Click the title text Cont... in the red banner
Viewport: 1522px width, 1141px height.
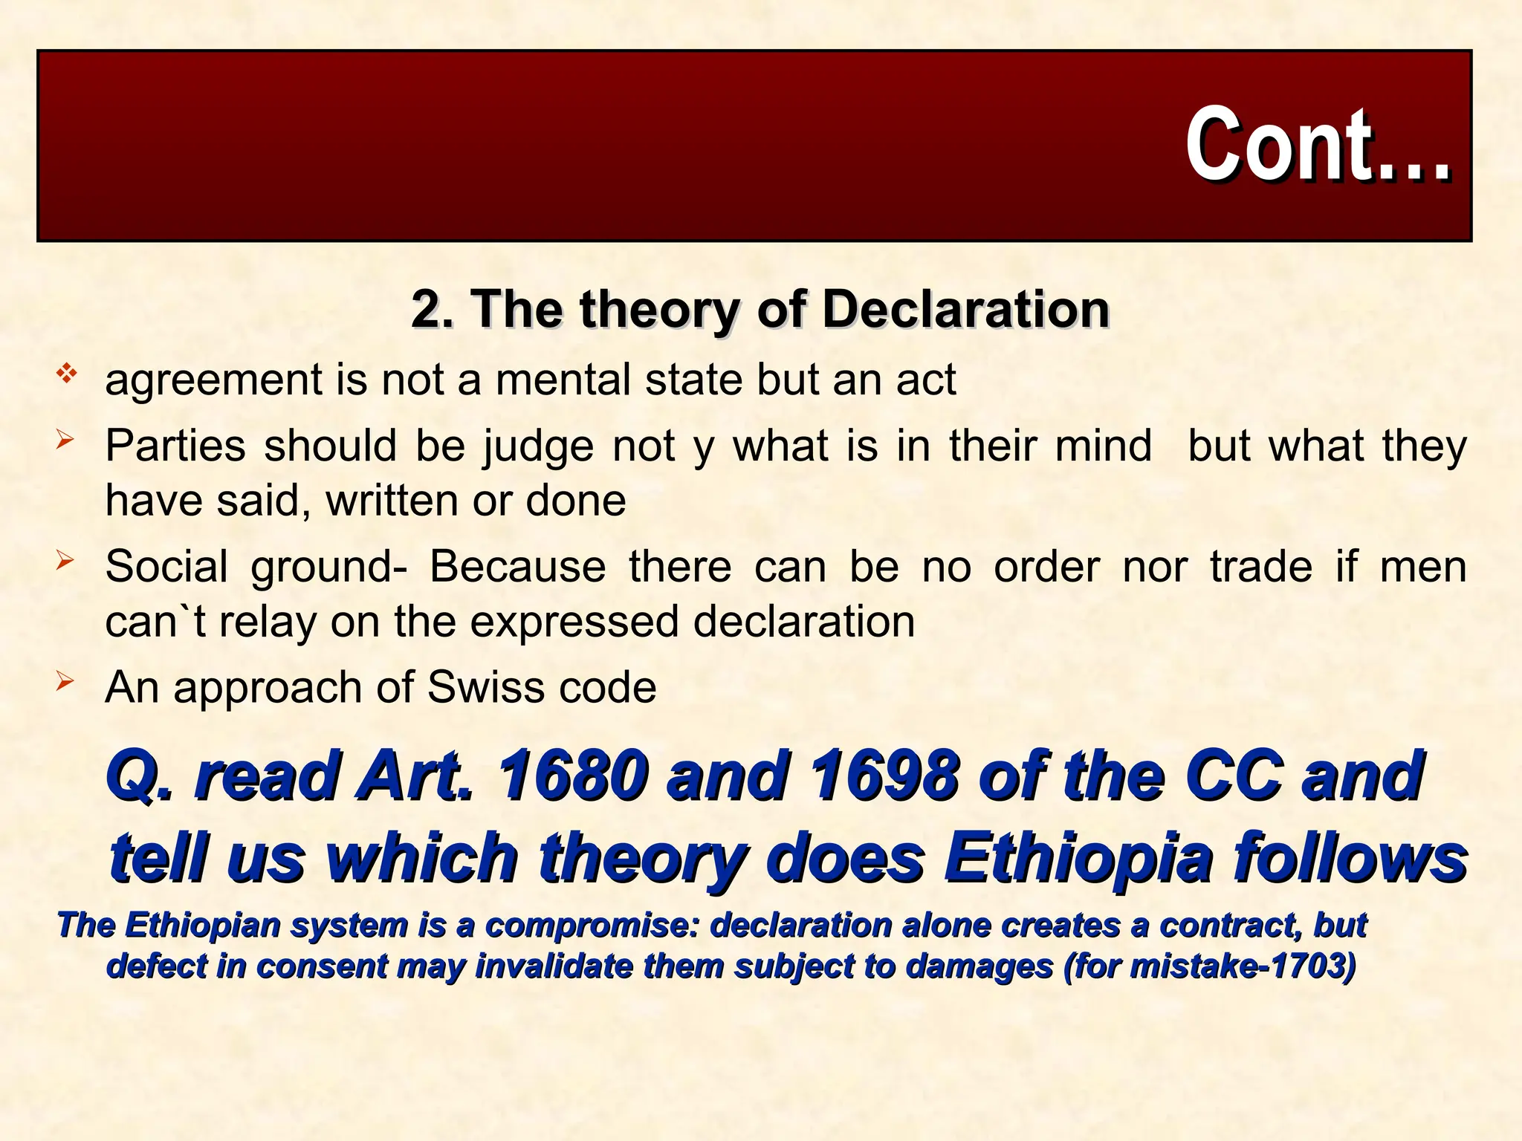coord(1317,144)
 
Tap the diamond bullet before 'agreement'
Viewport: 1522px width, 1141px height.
coord(66,373)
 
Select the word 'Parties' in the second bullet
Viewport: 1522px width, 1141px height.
coord(175,446)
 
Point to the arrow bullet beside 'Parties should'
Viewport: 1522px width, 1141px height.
coord(65,441)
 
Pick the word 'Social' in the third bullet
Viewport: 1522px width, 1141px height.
coord(166,567)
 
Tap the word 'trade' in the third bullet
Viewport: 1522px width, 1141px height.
coord(1261,567)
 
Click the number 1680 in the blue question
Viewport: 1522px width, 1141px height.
coord(572,776)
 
